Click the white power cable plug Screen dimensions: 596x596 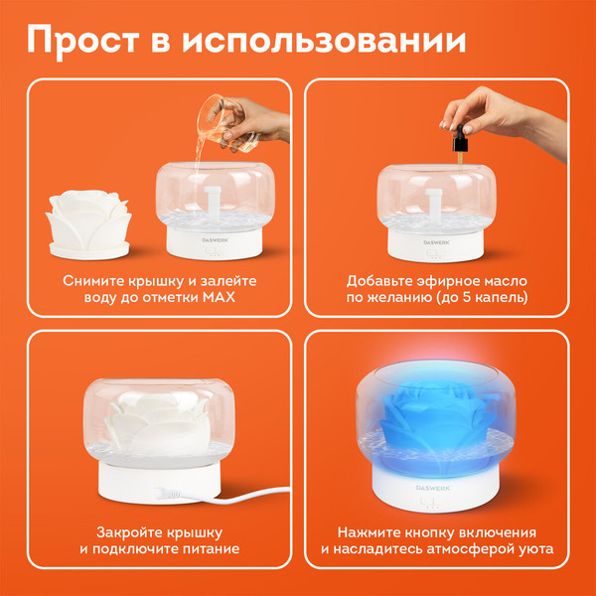click(x=165, y=491)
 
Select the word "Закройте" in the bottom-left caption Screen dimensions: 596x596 click(x=127, y=530)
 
